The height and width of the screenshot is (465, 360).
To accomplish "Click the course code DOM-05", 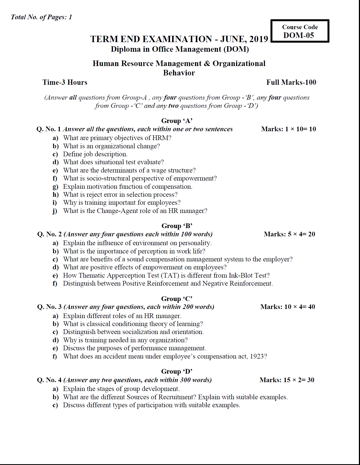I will point(299,35).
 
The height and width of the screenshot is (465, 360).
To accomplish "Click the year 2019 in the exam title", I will point(259,39).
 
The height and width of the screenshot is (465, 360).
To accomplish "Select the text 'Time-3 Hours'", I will point(65,82).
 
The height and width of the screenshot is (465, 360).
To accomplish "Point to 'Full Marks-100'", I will point(291,82).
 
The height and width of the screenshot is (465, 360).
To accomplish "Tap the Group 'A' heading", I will point(177,121).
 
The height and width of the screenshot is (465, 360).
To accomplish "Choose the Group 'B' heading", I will point(177,226).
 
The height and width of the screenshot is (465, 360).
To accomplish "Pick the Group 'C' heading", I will point(177,299).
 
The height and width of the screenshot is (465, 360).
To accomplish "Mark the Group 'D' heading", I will point(177,371).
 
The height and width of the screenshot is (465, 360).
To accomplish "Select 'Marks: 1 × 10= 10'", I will point(288,129).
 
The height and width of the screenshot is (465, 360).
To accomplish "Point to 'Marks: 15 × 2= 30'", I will point(287,380).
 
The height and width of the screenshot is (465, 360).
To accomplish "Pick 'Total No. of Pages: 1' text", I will point(41,17).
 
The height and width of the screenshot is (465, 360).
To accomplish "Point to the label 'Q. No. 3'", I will point(49,307).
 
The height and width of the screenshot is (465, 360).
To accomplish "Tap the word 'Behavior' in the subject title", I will point(179,73).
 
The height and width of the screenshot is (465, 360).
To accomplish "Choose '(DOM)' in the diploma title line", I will point(236,49).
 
